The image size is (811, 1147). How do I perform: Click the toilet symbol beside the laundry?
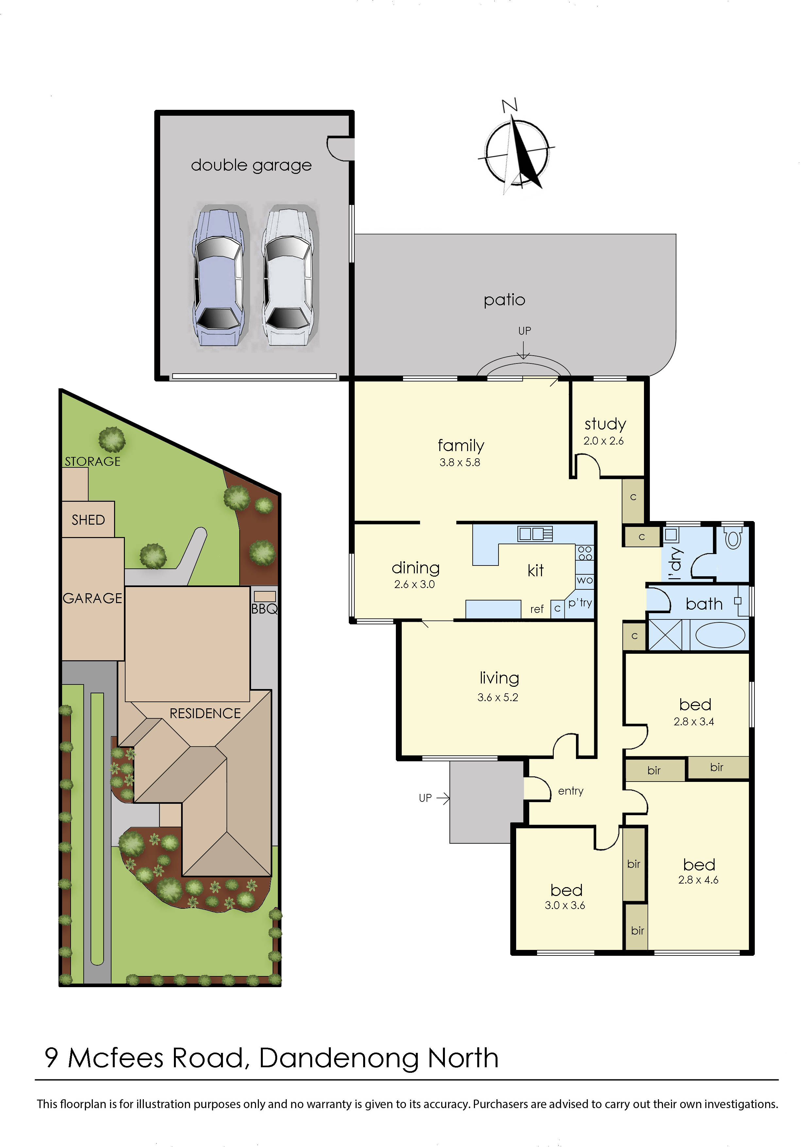733,539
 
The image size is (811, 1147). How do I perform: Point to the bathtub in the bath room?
720,635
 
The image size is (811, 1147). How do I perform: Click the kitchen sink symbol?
535,534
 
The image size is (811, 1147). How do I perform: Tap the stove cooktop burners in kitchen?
585,553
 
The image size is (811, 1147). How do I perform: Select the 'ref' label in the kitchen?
537,609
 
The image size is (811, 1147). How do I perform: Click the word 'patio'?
504,300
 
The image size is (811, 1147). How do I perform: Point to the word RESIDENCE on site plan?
205,713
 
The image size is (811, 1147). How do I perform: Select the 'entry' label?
571,791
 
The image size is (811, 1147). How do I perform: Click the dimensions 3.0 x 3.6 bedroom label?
565,905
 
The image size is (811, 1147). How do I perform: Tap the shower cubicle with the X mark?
665,635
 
